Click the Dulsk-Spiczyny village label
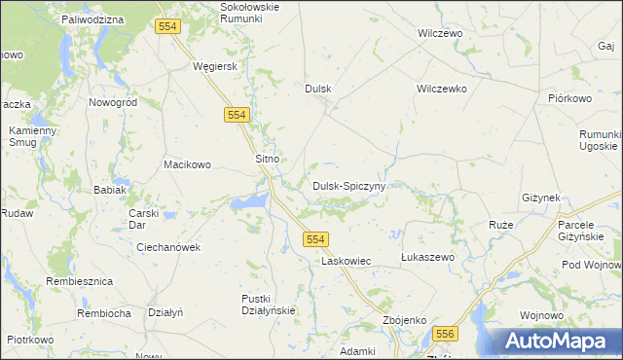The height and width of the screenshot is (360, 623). (349, 185)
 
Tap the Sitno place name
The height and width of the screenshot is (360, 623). (267, 158)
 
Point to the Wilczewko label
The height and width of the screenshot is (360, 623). (442, 89)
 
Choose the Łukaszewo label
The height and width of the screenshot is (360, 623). (428, 257)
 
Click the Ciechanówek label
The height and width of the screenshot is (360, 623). (168, 247)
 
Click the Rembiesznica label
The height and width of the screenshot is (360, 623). (80, 281)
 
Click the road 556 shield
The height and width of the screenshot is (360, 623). (446, 334)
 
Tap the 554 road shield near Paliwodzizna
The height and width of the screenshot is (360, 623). (166, 26)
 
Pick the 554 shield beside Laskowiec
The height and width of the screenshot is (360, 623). (314, 239)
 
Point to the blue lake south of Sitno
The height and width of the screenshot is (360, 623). (249, 201)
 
